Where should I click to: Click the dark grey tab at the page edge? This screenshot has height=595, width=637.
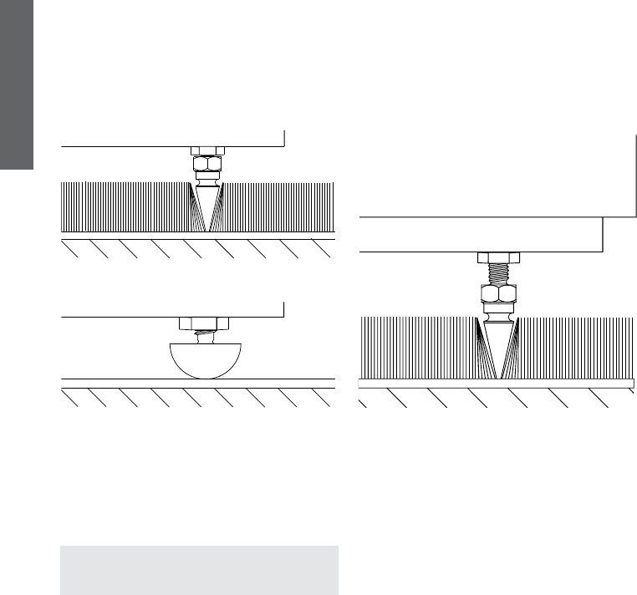point(16,84)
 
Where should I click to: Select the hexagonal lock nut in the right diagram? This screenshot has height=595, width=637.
point(500,294)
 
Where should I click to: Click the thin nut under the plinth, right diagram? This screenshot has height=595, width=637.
point(500,257)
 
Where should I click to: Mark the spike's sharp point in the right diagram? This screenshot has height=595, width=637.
point(500,377)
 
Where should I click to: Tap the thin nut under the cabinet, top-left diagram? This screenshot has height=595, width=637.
point(208,150)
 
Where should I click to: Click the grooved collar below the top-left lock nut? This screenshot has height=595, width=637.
point(208,179)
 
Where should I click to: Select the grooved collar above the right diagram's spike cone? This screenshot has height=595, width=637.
point(500,312)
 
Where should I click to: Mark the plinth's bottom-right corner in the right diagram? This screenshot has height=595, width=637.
point(604,251)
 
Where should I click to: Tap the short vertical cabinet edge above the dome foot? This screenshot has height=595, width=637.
point(284,309)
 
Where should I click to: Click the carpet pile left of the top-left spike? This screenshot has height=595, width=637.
point(125,206)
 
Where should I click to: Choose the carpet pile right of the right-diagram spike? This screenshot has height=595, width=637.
point(577,347)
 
